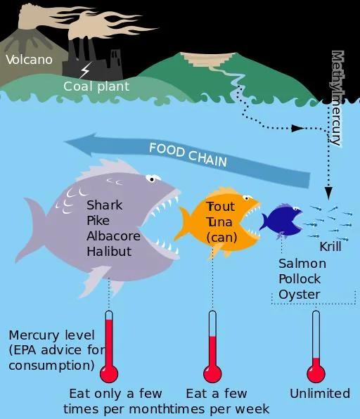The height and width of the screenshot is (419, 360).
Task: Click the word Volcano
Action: pyautogui.click(x=29, y=60)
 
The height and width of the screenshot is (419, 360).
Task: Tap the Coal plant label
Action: pyautogui.click(x=96, y=86)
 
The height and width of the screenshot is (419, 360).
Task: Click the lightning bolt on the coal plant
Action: pyautogui.click(x=85, y=70)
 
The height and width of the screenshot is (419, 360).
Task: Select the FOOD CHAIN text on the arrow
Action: pyautogui.click(x=188, y=155)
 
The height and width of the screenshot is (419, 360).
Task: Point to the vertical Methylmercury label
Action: pyautogui.click(x=337, y=98)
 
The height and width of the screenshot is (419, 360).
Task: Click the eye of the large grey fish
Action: pyautogui.click(x=153, y=179)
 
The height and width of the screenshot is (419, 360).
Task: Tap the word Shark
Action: pyautogui.click(x=105, y=205)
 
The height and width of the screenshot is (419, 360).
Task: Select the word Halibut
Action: pyautogui.click(x=109, y=251)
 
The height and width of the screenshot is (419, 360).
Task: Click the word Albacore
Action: pyautogui.click(x=114, y=236)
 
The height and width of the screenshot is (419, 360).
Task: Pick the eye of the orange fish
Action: pyautogui.click(x=247, y=198)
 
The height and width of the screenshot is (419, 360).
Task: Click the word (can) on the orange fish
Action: pyautogui.click(x=221, y=238)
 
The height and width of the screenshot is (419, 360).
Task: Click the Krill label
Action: pyautogui.click(x=330, y=246)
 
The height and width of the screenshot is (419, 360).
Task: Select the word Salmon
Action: pyautogui.click(x=302, y=264)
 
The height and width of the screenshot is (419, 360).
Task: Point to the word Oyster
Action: pyautogui.click(x=299, y=295)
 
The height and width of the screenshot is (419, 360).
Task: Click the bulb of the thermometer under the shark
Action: pyautogui.click(x=109, y=373)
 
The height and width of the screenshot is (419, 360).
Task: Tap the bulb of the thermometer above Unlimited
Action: pyautogui.click(x=316, y=373)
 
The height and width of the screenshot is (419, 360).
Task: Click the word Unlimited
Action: pyautogui.click(x=320, y=394)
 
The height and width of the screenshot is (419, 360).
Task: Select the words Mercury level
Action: pyautogui.click(x=52, y=335)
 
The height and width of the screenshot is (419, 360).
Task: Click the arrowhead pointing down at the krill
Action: pyautogui.click(x=328, y=193)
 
